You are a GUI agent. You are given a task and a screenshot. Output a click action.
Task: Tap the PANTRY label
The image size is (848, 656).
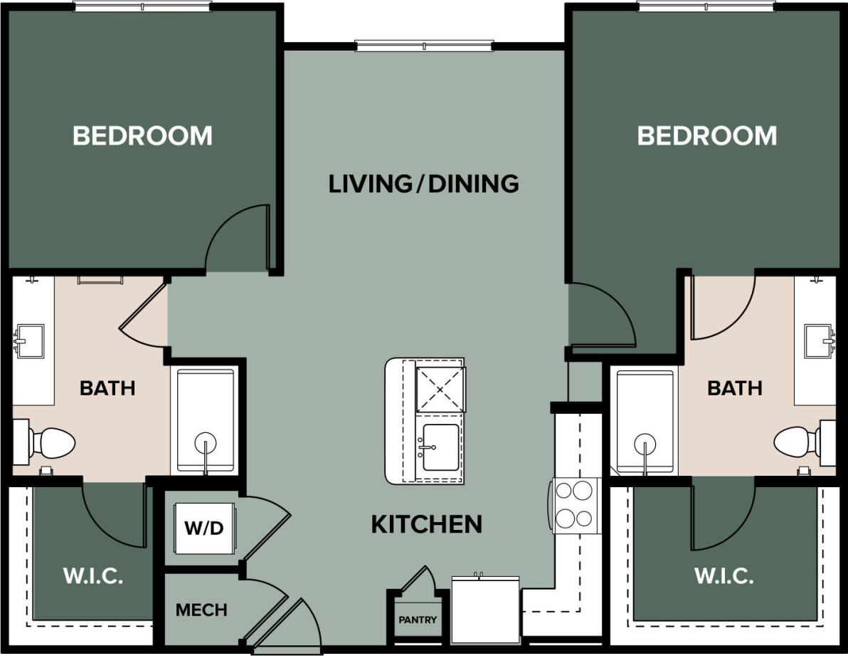click(x=418, y=620)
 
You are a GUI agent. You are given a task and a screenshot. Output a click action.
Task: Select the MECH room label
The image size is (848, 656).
click(x=201, y=610)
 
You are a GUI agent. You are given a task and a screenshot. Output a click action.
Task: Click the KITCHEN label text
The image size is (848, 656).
click(x=426, y=525)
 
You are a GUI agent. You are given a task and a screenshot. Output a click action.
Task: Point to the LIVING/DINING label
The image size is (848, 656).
click(x=423, y=184)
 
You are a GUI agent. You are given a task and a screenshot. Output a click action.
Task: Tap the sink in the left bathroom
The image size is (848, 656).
click(x=29, y=340)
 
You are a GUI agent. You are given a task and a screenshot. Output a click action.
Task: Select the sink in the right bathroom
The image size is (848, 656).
click(x=819, y=341)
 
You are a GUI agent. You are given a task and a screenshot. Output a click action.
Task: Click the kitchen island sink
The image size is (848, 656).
click(x=440, y=447)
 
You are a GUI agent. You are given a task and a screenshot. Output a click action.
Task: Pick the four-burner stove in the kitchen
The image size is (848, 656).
click(x=574, y=504)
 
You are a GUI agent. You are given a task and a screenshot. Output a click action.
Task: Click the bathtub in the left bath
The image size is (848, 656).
click(x=205, y=421)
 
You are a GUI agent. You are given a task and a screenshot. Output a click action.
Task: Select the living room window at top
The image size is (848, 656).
click(x=423, y=46)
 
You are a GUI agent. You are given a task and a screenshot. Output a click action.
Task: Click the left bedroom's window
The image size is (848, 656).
click(x=142, y=6)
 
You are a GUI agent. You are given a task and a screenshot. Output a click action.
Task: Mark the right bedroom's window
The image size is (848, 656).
click(x=706, y=6)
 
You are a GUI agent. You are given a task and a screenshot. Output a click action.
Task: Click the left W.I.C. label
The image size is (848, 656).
click(x=93, y=576)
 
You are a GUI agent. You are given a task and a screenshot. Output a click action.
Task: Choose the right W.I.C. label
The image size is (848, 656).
click(x=724, y=576)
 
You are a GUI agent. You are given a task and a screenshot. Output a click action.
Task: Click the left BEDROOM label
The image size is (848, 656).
click(x=142, y=135)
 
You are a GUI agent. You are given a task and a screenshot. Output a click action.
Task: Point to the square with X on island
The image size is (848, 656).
click(x=440, y=389)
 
